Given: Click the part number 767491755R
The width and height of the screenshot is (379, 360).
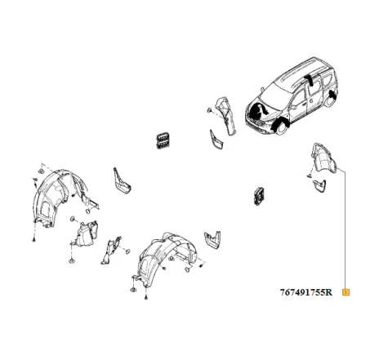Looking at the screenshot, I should [305, 291].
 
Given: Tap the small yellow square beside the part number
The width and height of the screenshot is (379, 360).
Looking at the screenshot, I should [346, 291].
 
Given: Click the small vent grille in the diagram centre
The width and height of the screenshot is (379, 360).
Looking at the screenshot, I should [260, 194].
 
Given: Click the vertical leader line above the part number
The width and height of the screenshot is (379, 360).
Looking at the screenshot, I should [346, 229].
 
